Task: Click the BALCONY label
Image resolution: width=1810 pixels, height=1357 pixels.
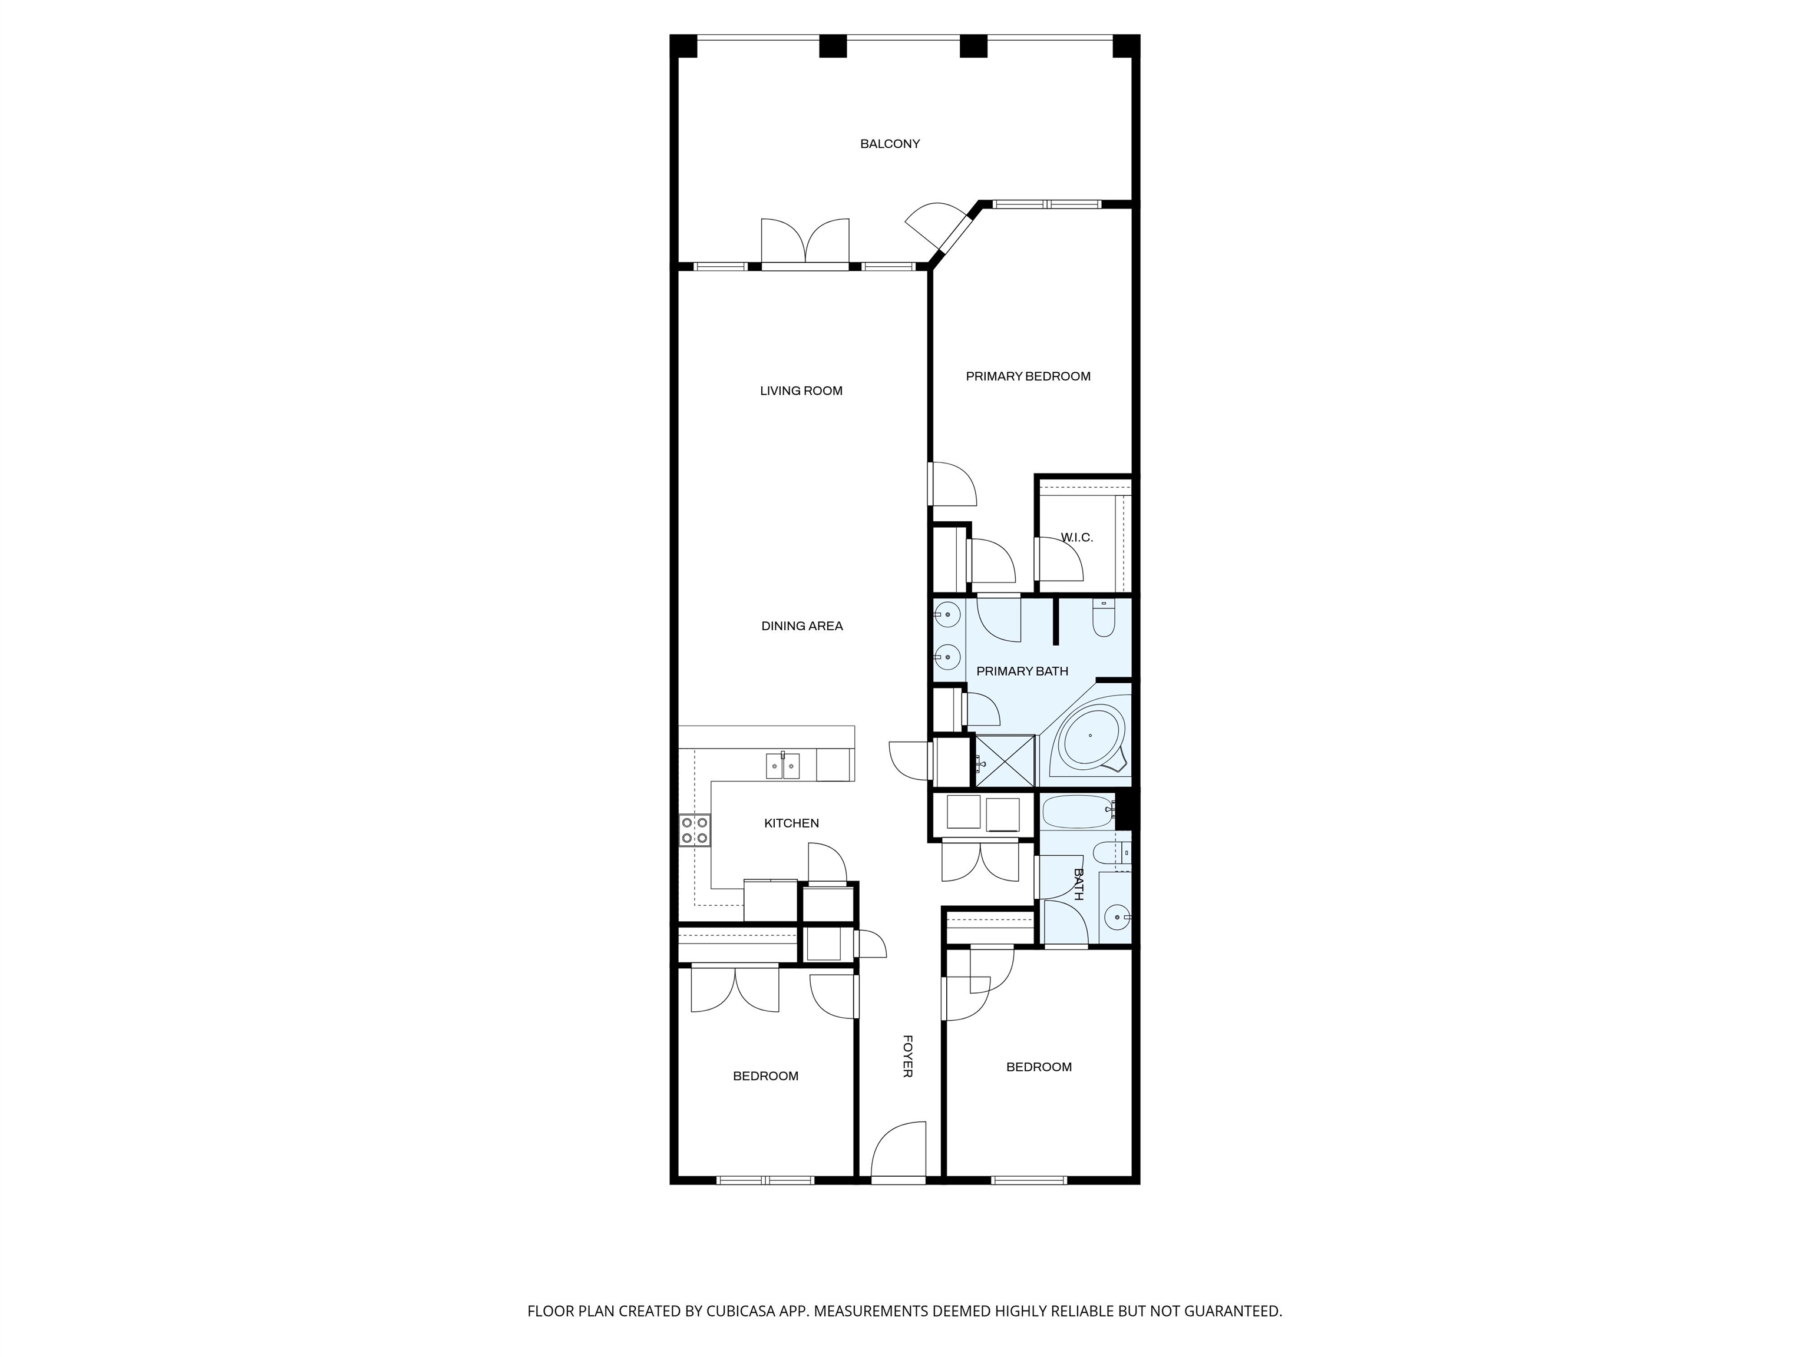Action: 890,144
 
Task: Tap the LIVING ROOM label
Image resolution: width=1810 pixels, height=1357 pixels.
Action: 801,391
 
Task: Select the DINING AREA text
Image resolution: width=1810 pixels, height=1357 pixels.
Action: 802,625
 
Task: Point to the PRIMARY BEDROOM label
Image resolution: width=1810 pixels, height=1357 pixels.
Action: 1028,376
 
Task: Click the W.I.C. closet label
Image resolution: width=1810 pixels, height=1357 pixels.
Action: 1077,537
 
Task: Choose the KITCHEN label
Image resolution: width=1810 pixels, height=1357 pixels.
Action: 791,823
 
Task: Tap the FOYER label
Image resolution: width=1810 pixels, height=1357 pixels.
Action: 907,1056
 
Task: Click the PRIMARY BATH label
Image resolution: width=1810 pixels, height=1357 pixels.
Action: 1022,671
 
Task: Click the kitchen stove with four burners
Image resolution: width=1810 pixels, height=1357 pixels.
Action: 695,830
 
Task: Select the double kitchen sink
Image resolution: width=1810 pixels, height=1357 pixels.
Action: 783,766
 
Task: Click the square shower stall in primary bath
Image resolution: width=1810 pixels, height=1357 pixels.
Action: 1004,761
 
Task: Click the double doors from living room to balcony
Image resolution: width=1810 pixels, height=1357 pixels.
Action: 805,241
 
